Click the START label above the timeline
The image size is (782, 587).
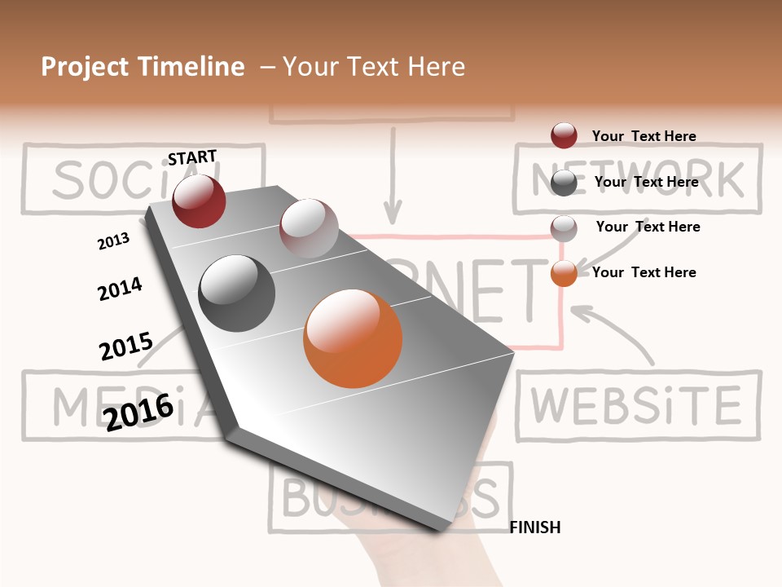click(192, 157)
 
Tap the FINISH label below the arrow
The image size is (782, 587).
click(535, 527)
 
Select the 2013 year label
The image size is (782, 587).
click(113, 241)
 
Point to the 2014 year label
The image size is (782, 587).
click(120, 289)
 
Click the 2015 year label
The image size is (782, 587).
click(126, 346)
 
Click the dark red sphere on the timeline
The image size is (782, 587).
click(199, 201)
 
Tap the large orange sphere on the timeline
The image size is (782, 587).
click(353, 338)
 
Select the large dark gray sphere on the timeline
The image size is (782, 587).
click(236, 293)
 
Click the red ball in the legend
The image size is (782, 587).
click(564, 135)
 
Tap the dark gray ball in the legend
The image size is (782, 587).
click(564, 183)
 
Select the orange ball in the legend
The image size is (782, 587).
click(564, 273)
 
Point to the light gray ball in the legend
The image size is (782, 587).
click(564, 227)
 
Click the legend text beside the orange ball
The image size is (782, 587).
click(644, 272)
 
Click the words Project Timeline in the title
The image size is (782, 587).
click(143, 67)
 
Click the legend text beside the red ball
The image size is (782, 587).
click(644, 136)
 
